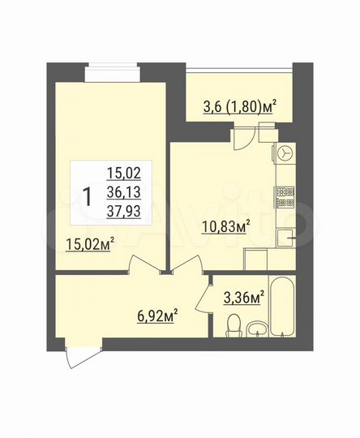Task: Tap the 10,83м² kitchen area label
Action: tap(225, 227)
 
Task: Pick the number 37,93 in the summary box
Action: tap(122, 209)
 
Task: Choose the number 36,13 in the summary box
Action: tap(122, 191)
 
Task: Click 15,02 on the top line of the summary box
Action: tap(122, 172)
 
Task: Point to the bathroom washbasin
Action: tap(256, 328)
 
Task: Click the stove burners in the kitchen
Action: tap(285, 194)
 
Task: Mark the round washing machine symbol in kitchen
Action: tap(285, 152)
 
